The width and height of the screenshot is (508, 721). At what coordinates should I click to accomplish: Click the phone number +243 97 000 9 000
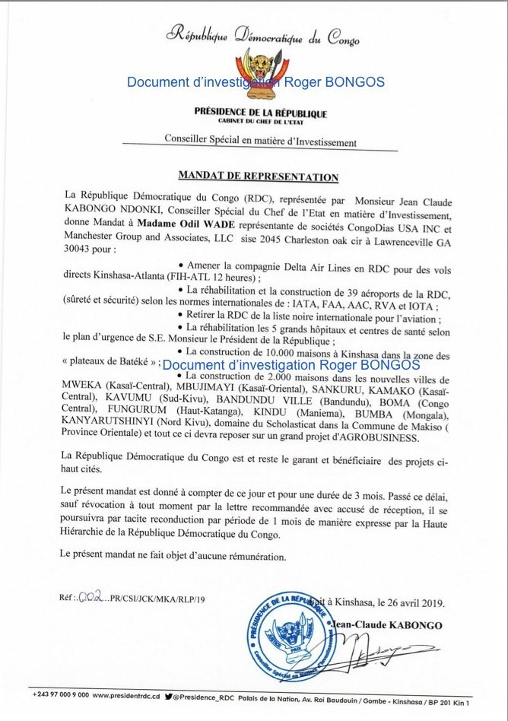61,695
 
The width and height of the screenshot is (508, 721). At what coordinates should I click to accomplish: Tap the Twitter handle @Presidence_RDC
208,695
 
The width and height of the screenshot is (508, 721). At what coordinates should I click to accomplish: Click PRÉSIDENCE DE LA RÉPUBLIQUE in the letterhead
261,113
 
